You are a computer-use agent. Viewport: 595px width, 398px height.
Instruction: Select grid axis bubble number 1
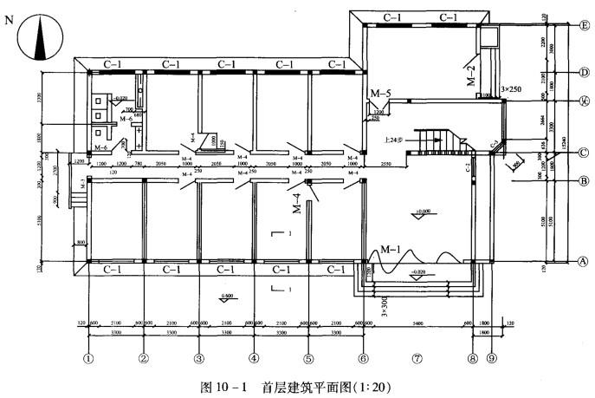(88, 356)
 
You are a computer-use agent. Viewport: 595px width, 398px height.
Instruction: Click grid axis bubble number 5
(308, 356)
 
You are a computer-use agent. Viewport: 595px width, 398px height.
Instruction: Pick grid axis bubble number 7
(417, 356)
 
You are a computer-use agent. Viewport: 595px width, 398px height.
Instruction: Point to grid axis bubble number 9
(492, 356)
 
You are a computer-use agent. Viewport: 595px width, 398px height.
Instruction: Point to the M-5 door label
(381, 93)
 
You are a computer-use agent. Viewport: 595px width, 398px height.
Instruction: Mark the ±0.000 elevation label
(424, 211)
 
